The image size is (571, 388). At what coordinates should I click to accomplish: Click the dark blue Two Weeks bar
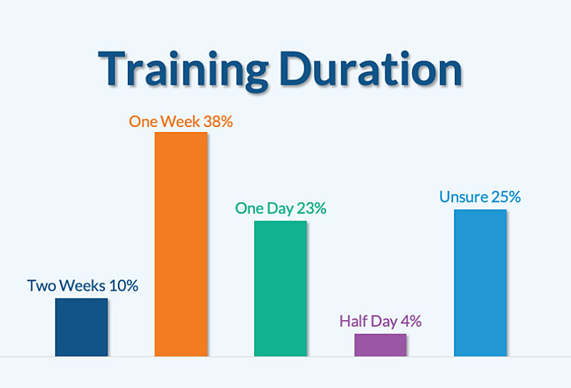[x=81, y=327]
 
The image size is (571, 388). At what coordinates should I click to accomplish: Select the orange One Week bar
[x=181, y=243]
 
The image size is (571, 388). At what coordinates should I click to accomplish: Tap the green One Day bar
[x=281, y=287]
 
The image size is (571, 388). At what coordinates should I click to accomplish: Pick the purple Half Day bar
[x=380, y=344]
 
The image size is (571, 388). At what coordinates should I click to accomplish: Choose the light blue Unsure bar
[x=480, y=282]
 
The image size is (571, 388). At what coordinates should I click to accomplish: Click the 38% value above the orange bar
[x=218, y=121]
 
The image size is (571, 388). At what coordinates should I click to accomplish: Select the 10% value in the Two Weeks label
[x=123, y=286]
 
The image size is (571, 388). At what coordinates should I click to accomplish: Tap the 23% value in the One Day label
[x=311, y=209]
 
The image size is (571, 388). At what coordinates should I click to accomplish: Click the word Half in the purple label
[x=353, y=321]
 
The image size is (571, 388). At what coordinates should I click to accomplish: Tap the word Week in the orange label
[x=178, y=121]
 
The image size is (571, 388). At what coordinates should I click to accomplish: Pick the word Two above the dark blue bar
[x=41, y=286]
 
